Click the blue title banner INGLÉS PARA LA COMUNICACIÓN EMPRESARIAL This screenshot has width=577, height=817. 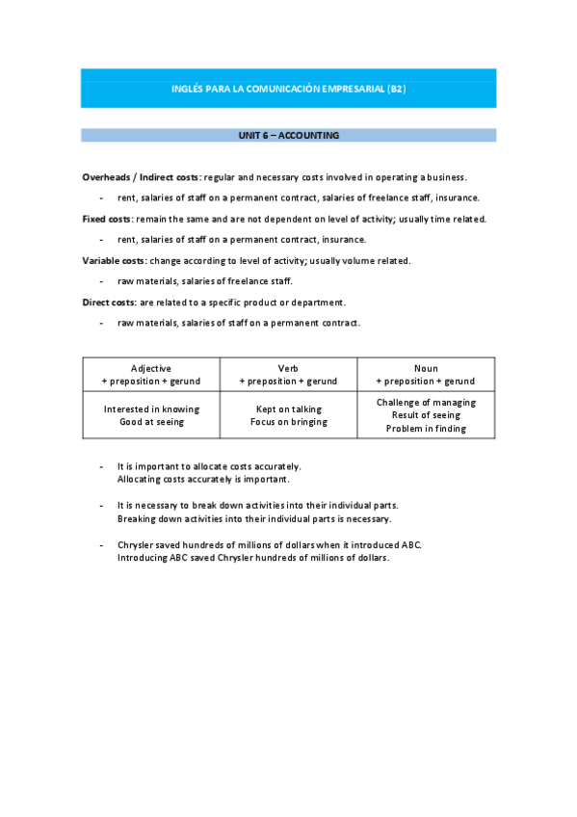click(x=288, y=89)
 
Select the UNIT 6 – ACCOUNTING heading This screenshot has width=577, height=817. click(x=288, y=136)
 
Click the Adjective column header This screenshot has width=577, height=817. click(x=151, y=369)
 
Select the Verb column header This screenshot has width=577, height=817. click(x=288, y=369)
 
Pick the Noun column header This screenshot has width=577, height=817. click(x=426, y=369)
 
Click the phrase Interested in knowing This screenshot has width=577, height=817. click(x=151, y=409)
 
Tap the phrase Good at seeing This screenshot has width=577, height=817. click(x=151, y=422)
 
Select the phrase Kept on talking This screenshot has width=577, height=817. click(x=288, y=409)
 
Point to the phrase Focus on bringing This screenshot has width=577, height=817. click(x=288, y=422)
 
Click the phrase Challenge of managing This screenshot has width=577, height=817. click(x=426, y=403)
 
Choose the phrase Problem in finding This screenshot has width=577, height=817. click(x=426, y=429)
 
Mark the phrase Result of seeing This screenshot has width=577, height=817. click(x=426, y=415)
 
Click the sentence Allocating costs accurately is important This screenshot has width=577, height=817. click(x=203, y=479)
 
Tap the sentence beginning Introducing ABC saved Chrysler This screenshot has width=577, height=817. click(x=252, y=559)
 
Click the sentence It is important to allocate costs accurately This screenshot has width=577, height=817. click(x=209, y=466)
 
